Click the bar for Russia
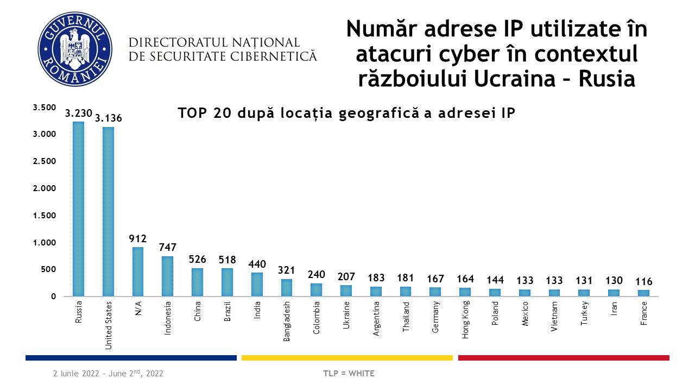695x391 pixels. tap(79, 209)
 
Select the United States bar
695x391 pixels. tap(108, 212)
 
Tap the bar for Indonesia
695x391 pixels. tap(168, 276)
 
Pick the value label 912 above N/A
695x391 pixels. tap(138, 238)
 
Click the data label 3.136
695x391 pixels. tap(109, 118)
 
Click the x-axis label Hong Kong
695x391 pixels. tap(465, 320)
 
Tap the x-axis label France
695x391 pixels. tap(644, 313)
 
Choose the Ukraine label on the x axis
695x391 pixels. tap(346, 314)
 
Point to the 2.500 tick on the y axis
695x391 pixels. tap(45, 161)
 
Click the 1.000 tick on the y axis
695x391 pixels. tap(45, 243)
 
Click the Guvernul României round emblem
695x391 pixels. tap(75, 49)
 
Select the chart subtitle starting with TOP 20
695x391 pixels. tap(346, 113)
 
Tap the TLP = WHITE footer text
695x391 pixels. tap(349, 374)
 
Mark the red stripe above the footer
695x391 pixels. tap(564, 358)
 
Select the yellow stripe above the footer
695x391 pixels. tap(347, 358)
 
